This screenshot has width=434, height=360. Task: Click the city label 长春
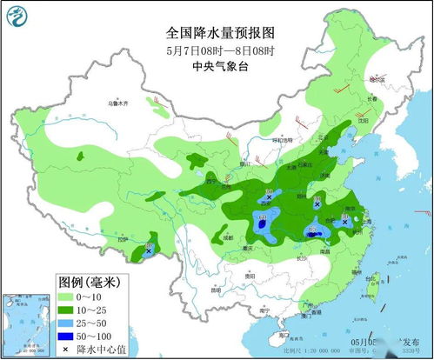[372, 98]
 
